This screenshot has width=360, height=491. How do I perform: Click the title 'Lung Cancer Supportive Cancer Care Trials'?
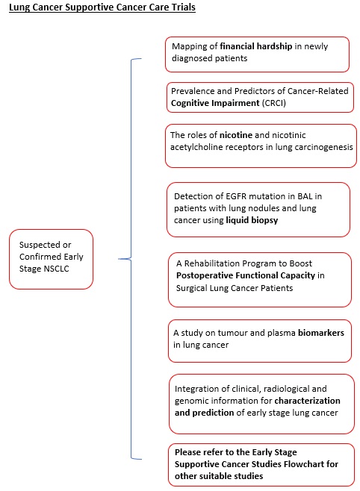pos(102,7)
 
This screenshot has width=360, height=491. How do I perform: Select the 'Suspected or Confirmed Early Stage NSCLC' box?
pos(51,259)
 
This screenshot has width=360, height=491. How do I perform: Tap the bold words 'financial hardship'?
pos(256,46)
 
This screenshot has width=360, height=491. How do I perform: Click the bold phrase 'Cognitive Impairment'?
pos(215,103)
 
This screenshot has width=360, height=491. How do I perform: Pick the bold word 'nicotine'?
pos(235,135)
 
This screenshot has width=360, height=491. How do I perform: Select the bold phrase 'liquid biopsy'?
pos(252,220)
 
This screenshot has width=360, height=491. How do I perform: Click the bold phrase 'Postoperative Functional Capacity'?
pos(245,275)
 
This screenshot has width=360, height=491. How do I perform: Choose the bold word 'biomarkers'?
pos(321,333)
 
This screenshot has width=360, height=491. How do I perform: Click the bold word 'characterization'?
pos(307,401)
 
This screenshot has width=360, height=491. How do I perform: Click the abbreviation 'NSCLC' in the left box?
pos(57,269)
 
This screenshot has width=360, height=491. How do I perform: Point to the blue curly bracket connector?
pos(131,259)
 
